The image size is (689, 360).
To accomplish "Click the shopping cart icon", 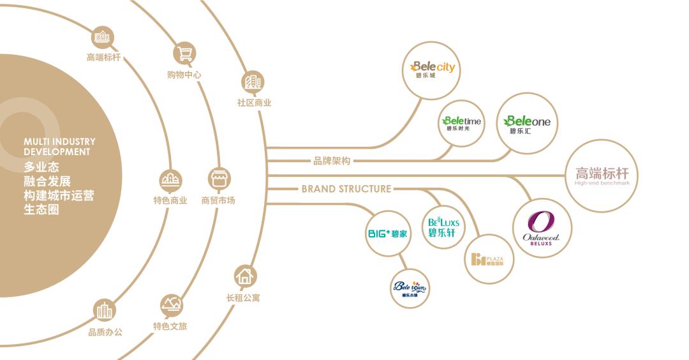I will click(185, 53).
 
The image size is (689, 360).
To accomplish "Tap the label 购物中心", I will click(184, 75).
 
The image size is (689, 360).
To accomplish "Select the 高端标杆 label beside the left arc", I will click(103, 57).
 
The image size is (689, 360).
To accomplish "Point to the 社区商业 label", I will click(254, 103).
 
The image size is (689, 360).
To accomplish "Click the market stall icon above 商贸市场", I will click(219, 179).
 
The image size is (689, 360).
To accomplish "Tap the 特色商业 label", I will click(170, 200).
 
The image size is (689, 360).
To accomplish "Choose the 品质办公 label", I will click(105, 332).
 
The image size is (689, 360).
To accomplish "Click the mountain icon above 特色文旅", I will click(170, 304).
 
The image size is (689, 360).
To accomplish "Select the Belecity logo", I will click(433, 69).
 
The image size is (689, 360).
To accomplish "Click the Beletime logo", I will click(462, 123).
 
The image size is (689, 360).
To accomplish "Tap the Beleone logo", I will click(527, 123).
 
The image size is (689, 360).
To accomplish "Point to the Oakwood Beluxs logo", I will click(542, 228).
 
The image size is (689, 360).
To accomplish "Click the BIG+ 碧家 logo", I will click(388, 234).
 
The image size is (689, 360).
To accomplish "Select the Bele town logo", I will click(409, 289).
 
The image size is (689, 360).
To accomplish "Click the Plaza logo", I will click(488, 259).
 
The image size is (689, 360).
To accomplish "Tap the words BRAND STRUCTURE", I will click(346, 189).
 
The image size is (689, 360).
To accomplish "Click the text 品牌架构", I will click(332, 161).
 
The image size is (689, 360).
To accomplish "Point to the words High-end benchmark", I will click(602, 183).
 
